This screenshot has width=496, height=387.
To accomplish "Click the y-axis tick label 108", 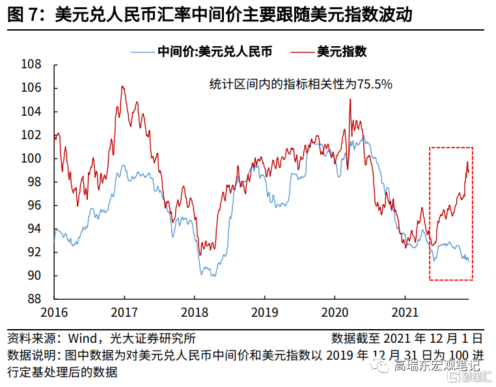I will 31,64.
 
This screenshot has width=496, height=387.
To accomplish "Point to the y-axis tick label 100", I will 31,158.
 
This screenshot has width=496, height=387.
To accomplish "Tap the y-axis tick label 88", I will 34,299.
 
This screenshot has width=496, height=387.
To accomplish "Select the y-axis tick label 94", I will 34,229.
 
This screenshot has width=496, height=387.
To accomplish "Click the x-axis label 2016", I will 54,312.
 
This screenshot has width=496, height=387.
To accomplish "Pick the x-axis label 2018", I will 195,312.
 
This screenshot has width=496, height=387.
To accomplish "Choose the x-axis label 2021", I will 406,312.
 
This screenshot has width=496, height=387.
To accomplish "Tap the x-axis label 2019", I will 265,312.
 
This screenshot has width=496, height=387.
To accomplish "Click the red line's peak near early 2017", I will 122,87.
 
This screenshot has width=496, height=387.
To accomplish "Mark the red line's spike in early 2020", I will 350,100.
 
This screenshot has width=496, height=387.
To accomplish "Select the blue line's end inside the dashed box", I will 468,261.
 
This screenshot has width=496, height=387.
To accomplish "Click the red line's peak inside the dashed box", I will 467,162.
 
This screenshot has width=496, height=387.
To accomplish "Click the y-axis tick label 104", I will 31,111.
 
